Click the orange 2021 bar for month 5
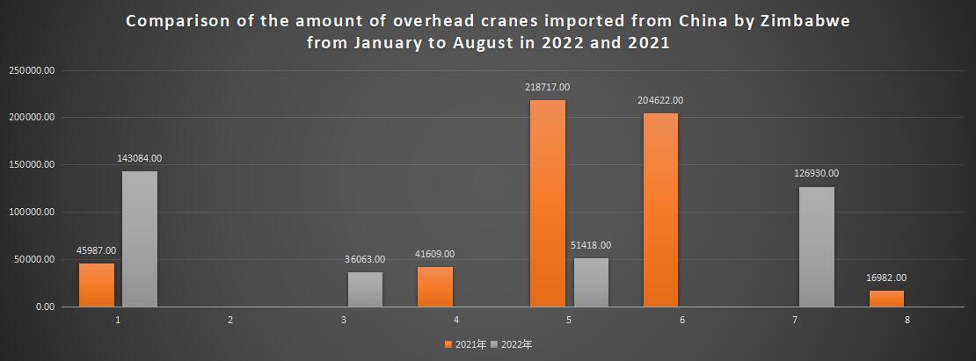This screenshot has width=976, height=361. (548, 204)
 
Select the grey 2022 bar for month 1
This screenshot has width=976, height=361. (140, 239)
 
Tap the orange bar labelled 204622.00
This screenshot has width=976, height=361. (660, 210)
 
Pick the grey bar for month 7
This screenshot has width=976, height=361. (817, 247)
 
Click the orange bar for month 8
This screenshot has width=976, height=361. (886, 299)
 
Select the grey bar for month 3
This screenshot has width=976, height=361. (365, 289)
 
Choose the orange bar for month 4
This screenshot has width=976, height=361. (435, 287)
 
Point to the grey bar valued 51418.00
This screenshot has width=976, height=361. (591, 282)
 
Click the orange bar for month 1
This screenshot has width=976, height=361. (97, 285)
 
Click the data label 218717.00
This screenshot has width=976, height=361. (548, 88)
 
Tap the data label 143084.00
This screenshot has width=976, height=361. (140, 158)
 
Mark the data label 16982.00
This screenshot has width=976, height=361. (886, 278)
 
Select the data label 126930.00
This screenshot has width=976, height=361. (817, 174)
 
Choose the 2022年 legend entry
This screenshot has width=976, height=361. (514, 344)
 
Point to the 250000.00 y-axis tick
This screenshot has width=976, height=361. (32, 70)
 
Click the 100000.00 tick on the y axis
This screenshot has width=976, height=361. (32, 213)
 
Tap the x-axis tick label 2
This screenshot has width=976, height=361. (230, 321)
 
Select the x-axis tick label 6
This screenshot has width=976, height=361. (682, 321)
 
